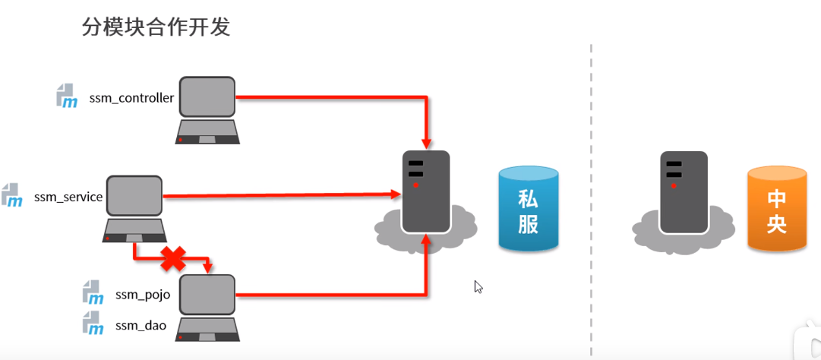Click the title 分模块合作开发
coord(156,28)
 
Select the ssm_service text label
coord(68,197)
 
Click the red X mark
coord(173,258)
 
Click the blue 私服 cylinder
coord(529,209)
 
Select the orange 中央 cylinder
coord(776,209)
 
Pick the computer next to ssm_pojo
coord(207,305)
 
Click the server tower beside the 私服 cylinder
coord(425,191)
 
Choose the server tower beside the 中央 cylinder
coord(683,191)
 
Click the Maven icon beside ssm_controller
coord(67,96)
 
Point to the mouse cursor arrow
coord(478,286)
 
